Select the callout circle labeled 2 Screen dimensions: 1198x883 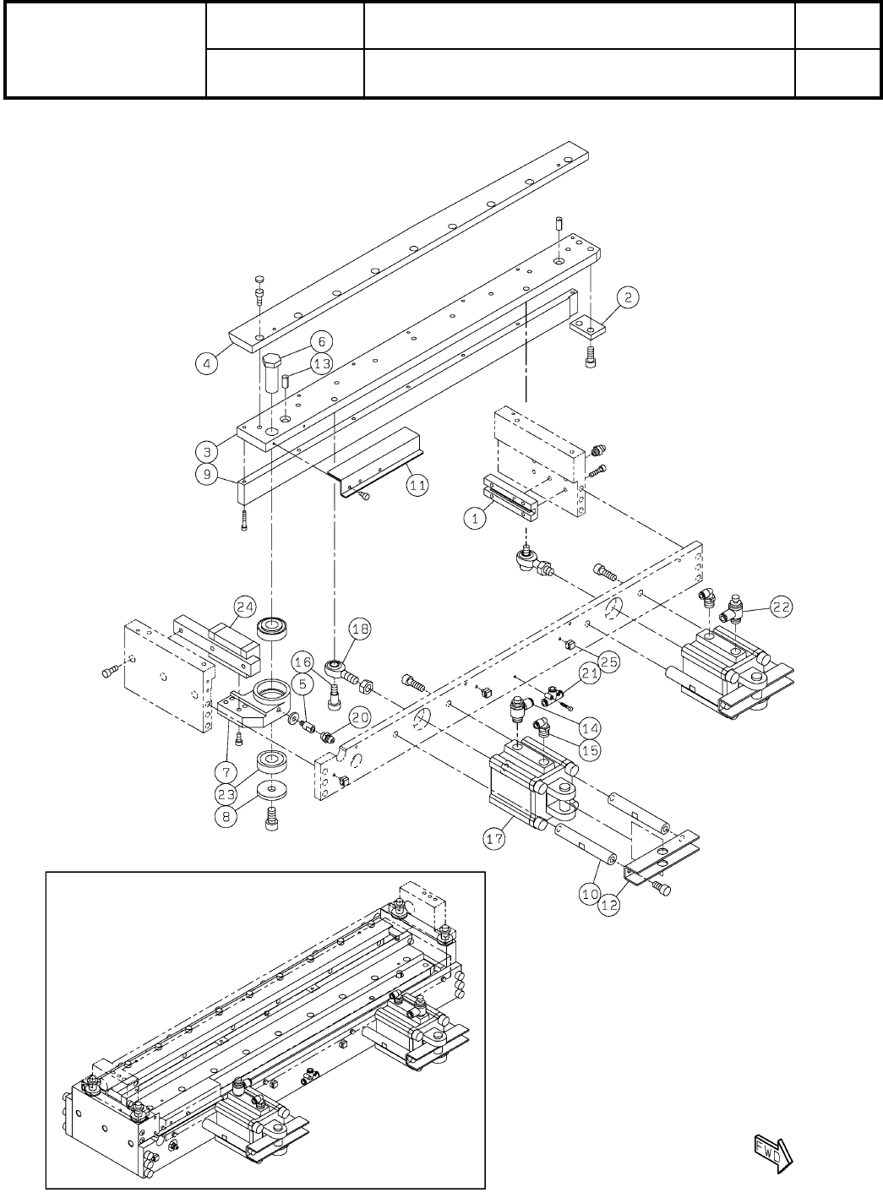point(627,297)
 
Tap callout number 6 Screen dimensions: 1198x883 point(320,341)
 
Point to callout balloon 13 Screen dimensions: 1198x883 point(320,364)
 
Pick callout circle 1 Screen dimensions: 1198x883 point(476,520)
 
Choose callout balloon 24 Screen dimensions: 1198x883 point(245,607)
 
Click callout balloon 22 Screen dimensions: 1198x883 point(781,607)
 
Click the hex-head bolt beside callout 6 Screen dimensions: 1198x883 point(274,372)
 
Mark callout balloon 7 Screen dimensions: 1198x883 point(225,771)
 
